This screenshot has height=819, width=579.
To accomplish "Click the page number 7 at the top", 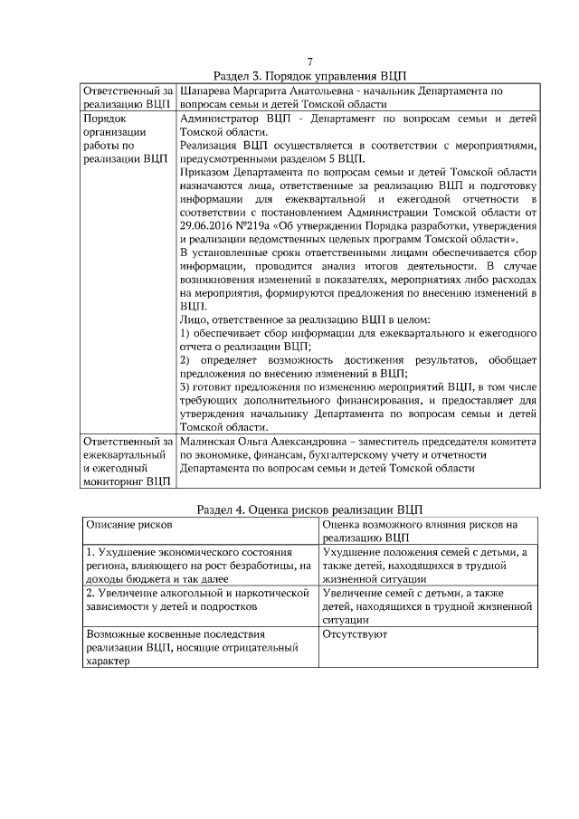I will (309, 62).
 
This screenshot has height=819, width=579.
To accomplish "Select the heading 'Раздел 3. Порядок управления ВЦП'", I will (309, 76).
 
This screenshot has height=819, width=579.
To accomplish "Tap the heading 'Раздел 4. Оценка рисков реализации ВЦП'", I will (309, 509).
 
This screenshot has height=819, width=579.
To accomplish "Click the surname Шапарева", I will (209, 91).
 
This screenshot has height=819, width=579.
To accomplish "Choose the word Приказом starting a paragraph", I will (207, 172).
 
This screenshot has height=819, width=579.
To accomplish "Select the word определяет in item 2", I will (242, 359).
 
